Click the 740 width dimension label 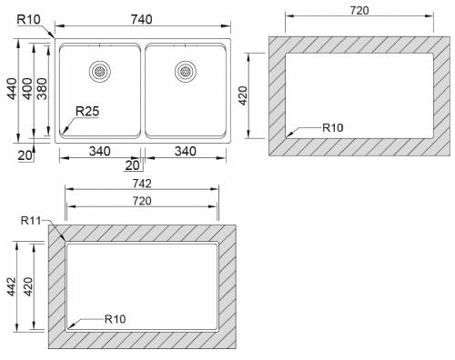[x=141, y=20]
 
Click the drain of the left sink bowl [x=100, y=72]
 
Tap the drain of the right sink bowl [x=186, y=72]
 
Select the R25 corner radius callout [x=87, y=111]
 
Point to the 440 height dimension [x=12, y=89]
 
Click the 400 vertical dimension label [x=27, y=89]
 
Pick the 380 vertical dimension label [x=42, y=89]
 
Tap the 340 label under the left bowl [x=99, y=151]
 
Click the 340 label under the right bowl [x=185, y=151]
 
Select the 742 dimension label [x=142, y=184]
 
